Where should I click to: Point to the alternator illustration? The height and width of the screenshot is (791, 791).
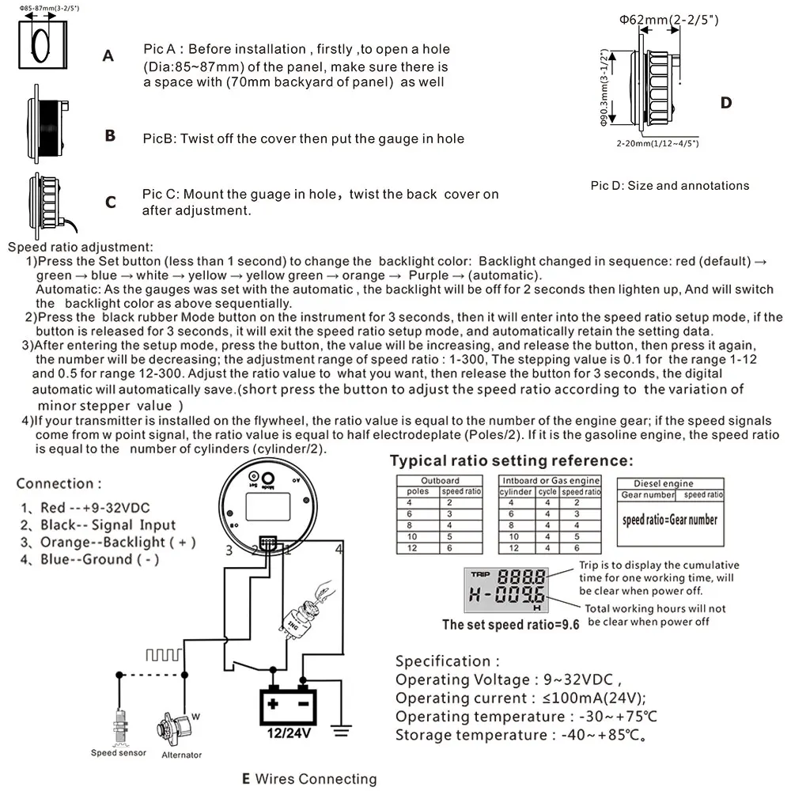176,725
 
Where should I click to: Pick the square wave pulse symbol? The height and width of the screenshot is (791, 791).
162,654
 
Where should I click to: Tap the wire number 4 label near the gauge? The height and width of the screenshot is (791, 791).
339,549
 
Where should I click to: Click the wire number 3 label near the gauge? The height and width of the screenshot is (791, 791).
229,551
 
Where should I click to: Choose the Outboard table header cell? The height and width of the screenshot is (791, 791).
440,480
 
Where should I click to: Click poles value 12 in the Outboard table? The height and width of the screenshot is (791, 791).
412,547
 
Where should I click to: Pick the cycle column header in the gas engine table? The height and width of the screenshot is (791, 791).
547,491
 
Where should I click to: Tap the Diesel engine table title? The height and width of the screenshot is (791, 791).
664,483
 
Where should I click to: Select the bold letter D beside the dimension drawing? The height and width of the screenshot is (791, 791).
725,103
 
